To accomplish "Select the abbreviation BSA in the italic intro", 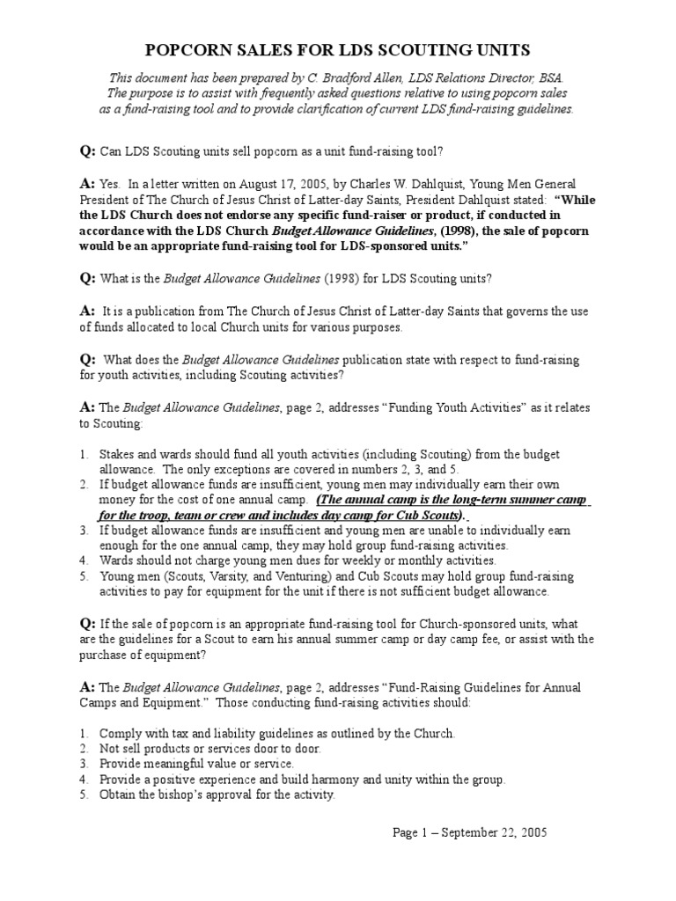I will (x=549, y=78).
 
